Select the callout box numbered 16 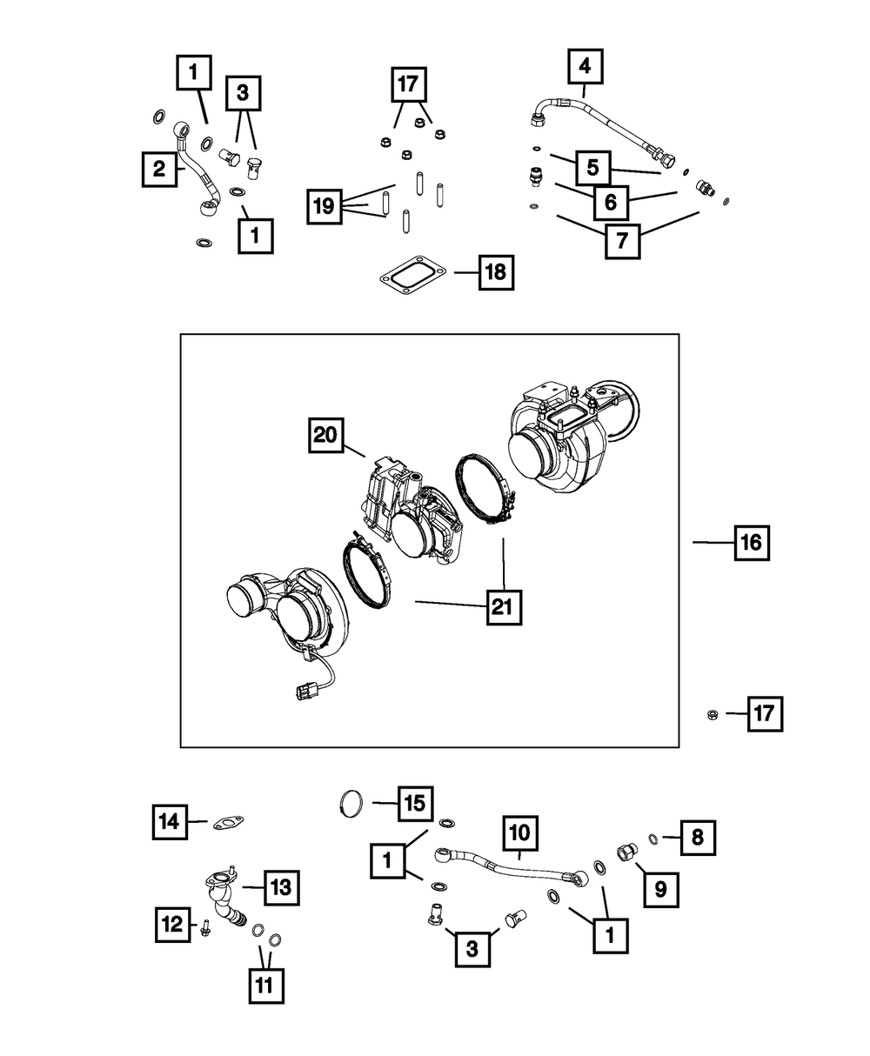[x=750, y=544]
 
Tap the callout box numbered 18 [x=494, y=273]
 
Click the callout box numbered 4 [x=586, y=66]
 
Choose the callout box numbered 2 [x=159, y=169]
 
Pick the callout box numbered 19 [x=324, y=206]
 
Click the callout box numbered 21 [x=503, y=607]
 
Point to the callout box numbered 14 [x=170, y=820]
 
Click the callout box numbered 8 [x=699, y=839]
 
